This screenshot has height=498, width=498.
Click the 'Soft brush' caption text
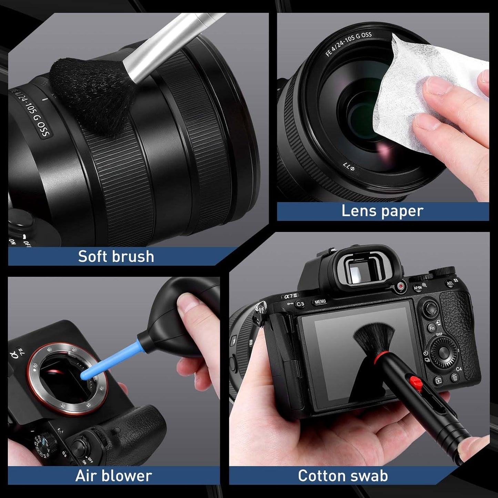click(116, 256)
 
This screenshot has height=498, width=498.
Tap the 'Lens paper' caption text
click(382, 211)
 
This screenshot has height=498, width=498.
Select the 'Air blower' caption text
click(113, 476)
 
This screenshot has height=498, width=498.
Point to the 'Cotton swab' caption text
click(343, 476)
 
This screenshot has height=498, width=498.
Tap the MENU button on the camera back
click(320, 302)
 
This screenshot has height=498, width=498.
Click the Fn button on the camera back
click(431, 328)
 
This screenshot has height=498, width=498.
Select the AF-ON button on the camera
click(418, 287)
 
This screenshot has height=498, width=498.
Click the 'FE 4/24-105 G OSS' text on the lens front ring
click(348, 44)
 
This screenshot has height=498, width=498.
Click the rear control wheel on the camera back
click(444, 353)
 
